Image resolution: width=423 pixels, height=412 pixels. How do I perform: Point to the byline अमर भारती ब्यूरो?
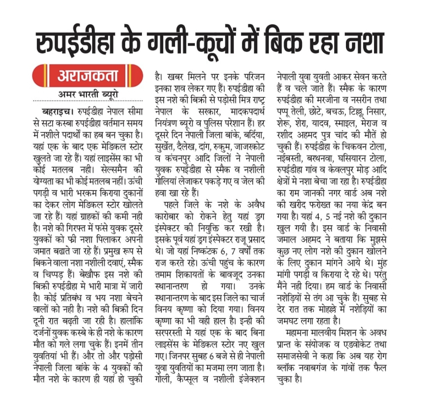click(x=88, y=94)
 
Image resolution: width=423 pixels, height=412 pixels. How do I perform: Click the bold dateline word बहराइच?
click(x=57, y=112)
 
